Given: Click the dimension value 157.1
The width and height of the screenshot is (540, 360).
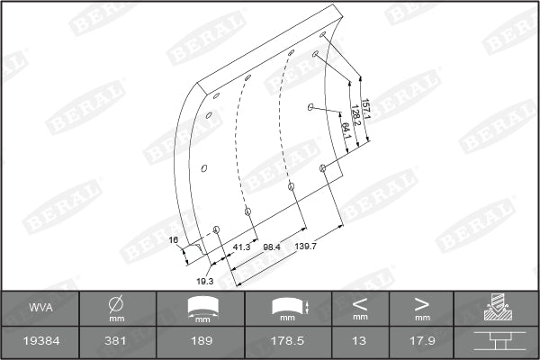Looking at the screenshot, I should pyautogui.click(x=365, y=110).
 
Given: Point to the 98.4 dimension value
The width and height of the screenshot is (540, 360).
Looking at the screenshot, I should pyautogui.click(x=272, y=246).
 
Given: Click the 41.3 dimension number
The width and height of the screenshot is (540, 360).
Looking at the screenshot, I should pyautogui.click(x=241, y=246).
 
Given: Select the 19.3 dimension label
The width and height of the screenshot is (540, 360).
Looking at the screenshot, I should pyautogui.click(x=205, y=281).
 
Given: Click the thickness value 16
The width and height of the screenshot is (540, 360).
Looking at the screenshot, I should pyautogui.click(x=174, y=239).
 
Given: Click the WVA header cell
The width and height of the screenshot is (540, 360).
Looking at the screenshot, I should pyautogui.click(x=40, y=309).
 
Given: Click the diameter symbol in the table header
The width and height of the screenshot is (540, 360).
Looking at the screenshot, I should pyautogui.click(x=117, y=303).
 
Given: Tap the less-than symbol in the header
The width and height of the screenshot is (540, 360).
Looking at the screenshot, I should pyautogui.click(x=360, y=302).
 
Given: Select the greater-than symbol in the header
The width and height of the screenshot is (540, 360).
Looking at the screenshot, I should pyautogui.click(x=421, y=302).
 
